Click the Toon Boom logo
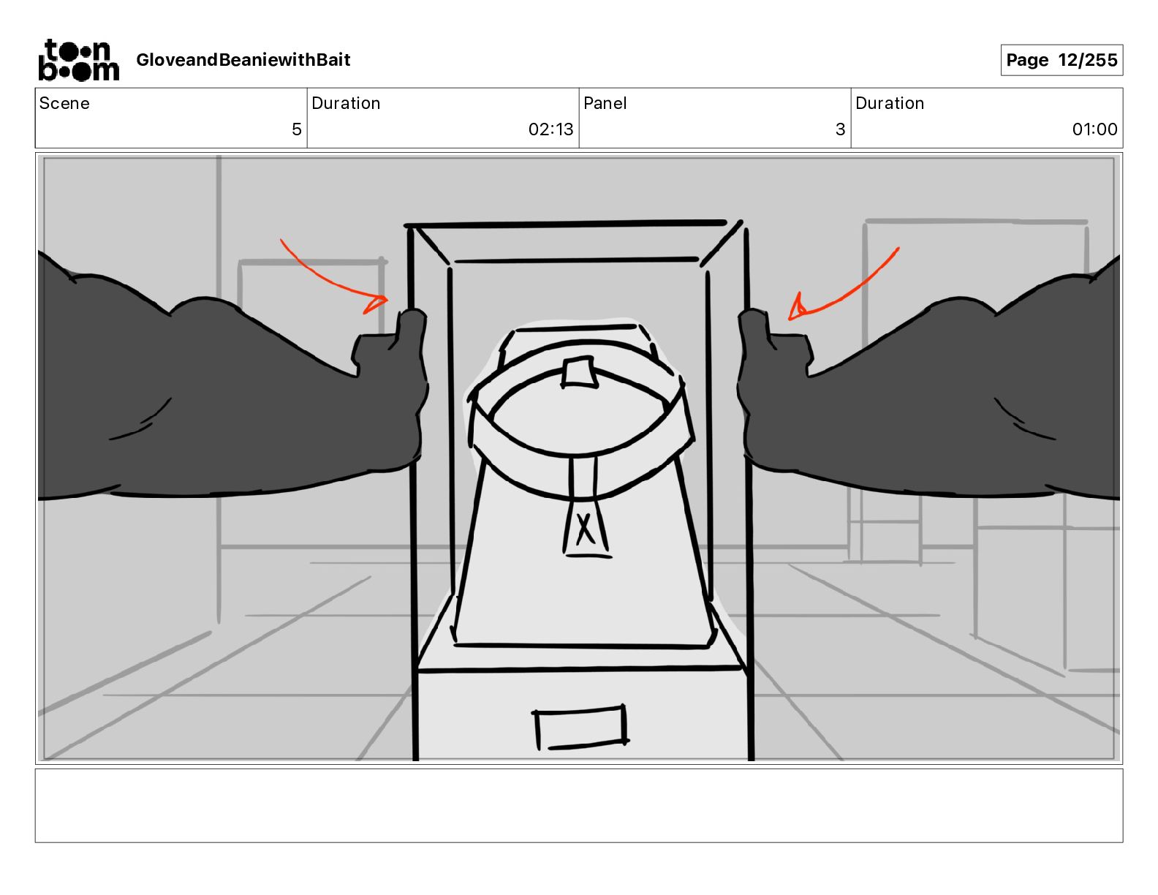(78, 60)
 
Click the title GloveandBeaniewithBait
(243, 60)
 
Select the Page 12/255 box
(1061, 60)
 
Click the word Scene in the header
(64, 103)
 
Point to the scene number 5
(296, 129)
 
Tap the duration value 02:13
(550, 129)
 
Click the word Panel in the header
(605, 103)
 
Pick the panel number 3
(840, 129)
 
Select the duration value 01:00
(1094, 129)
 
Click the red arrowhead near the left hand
(377, 303)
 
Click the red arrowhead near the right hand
(797, 310)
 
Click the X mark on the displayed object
(584, 529)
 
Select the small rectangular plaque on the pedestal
(581, 727)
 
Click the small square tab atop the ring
(578, 371)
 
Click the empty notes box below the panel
(578, 805)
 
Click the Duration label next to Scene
(346, 103)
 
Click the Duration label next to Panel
(889, 103)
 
